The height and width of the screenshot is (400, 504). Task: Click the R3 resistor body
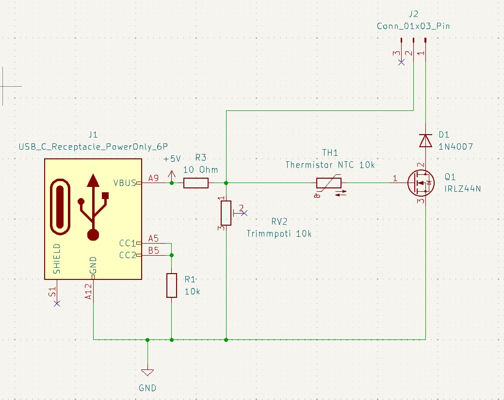click(x=196, y=183)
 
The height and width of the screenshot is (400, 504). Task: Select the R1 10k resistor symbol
click(x=172, y=286)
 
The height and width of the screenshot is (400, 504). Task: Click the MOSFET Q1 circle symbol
click(x=421, y=183)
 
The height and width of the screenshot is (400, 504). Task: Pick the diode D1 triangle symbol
click(x=425, y=140)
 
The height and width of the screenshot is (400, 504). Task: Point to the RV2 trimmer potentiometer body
click(x=226, y=213)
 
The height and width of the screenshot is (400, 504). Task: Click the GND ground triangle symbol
click(x=147, y=373)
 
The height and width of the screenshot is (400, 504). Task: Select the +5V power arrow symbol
click(x=172, y=176)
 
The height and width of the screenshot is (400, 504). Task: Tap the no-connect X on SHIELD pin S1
click(x=57, y=304)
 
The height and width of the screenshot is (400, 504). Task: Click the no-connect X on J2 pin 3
click(x=401, y=62)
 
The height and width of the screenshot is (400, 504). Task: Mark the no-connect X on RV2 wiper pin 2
click(x=244, y=213)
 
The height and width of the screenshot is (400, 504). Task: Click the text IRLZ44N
click(x=463, y=188)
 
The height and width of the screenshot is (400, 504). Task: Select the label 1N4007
click(x=455, y=147)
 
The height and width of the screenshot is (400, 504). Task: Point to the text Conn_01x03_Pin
click(x=413, y=26)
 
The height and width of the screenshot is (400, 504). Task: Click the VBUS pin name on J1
click(x=125, y=183)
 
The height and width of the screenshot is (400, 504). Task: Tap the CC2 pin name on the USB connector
click(x=128, y=255)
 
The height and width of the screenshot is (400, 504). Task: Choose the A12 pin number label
click(x=88, y=292)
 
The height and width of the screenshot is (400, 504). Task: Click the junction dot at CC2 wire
click(x=172, y=255)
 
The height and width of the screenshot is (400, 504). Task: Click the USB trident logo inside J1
click(x=93, y=207)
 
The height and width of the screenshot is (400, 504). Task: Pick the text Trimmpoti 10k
click(x=279, y=233)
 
